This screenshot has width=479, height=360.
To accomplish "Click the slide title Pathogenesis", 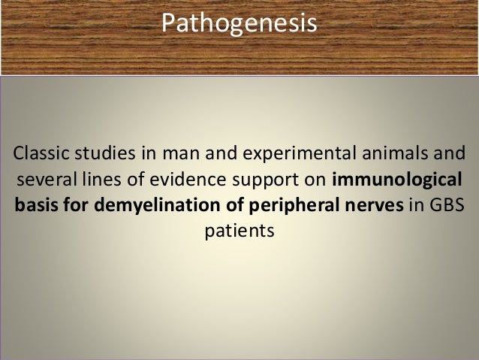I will click(239, 24).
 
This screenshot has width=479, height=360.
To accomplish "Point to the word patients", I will click(239, 228).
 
